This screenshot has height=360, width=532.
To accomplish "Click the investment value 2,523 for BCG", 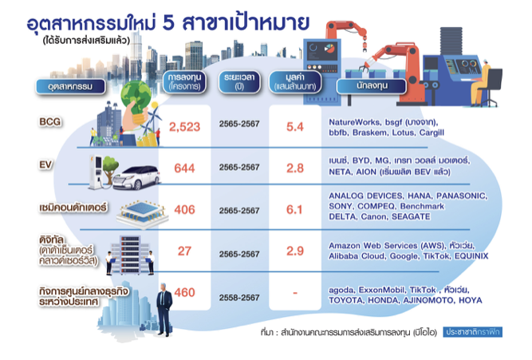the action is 184,127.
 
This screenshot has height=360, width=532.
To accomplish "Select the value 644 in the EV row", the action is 184,168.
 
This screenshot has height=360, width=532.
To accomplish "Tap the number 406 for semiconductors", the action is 184,210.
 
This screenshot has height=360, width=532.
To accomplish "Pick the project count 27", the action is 184,251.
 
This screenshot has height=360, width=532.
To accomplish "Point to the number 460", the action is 184,292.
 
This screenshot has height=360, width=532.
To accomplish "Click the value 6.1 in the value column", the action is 294,210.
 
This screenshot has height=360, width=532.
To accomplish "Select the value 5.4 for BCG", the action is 295,127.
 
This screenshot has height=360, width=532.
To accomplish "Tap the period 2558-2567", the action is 239,298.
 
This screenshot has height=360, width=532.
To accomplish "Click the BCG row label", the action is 50,121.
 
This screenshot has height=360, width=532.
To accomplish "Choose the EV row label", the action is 45,164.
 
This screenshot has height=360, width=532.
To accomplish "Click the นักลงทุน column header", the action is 372,86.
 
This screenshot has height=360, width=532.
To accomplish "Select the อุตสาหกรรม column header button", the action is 70,86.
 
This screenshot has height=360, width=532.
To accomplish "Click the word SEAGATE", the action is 411,216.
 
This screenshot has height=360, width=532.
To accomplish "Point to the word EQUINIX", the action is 471,255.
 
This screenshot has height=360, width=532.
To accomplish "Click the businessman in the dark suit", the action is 164,310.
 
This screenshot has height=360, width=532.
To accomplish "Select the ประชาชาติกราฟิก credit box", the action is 473,332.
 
